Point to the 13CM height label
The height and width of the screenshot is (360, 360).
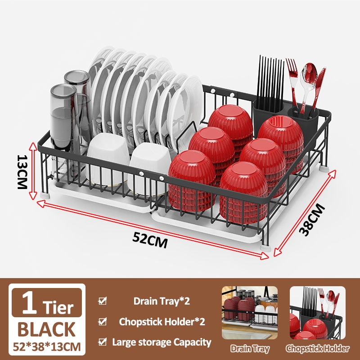(22, 172)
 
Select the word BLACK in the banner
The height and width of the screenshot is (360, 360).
(47, 329)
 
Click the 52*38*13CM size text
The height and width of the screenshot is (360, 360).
(47, 347)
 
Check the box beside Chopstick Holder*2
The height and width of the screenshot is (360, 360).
(103, 322)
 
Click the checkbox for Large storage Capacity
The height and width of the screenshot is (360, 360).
(103, 342)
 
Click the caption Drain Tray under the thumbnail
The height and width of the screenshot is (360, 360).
(250, 349)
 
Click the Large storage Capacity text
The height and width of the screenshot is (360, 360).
(162, 342)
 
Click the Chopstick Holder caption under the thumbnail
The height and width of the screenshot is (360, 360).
(317, 349)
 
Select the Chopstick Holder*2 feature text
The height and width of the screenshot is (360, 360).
(162, 322)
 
